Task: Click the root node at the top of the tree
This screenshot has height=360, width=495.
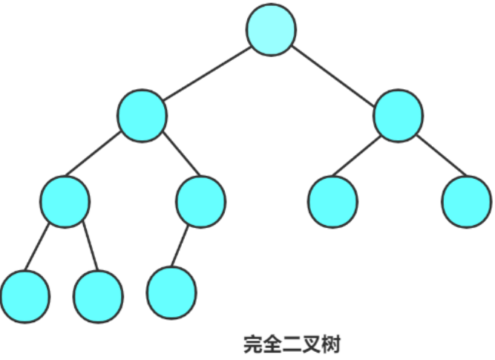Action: pos(271,30)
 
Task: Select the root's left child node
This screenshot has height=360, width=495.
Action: pos(142,116)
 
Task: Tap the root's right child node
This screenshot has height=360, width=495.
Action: pos(398,116)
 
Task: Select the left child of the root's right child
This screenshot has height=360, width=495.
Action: pos(332,202)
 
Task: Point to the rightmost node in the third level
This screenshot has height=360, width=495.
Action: pos(466,202)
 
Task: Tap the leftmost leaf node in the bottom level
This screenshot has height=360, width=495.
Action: pos(25,296)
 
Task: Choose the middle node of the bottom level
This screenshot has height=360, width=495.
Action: pos(99,296)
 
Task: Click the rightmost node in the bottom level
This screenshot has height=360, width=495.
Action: pos(171,292)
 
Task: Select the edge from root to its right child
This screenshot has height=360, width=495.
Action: pos(335,73)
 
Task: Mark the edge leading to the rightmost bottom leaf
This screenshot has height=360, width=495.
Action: pos(180,246)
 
